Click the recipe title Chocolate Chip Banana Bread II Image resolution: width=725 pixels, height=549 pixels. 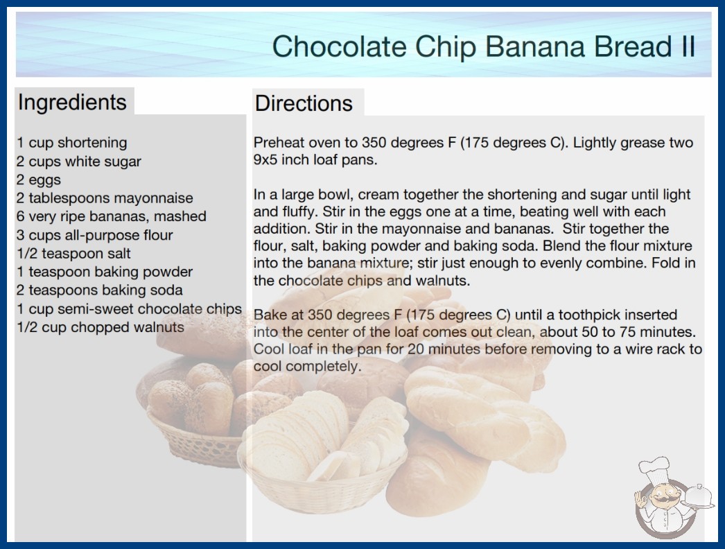coord(484,46)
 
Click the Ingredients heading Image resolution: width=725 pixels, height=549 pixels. coord(72,102)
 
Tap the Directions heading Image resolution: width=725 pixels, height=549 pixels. coord(304,103)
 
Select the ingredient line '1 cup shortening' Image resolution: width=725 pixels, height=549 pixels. coord(71,143)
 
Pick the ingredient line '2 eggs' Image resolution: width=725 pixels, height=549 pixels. coord(39,180)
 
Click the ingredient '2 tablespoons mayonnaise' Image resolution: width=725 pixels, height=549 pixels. coord(105,198)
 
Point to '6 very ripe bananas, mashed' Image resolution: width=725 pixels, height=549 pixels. coord(112,216)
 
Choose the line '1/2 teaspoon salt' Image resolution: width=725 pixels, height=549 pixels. coord(73,254)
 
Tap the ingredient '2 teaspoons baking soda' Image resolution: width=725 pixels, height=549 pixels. coord(99,290)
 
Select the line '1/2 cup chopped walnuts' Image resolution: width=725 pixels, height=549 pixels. coord(101,327)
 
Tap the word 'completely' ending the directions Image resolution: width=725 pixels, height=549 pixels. coord(323,366)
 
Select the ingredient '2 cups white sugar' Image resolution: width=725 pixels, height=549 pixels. coord(78,162)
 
